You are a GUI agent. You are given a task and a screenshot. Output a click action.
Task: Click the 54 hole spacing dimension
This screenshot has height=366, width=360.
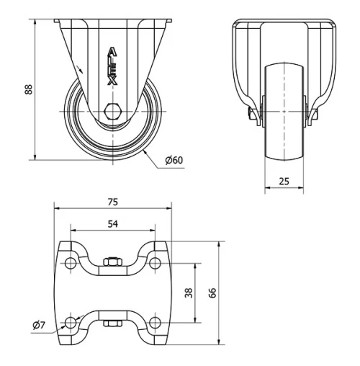click(x=113, y=224)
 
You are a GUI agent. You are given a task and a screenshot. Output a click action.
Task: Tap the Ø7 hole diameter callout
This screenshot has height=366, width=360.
click(x=39, y=326)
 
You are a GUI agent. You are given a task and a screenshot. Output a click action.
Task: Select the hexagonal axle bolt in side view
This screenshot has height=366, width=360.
click(x=112, y=111)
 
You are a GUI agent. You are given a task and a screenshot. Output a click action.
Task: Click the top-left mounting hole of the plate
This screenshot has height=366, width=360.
click(x=71, y=263)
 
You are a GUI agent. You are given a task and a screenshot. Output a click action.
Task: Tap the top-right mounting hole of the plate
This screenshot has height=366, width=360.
click(x=156, y=263)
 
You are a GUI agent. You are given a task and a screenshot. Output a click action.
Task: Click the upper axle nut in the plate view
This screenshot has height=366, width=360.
click(x=113, y=262)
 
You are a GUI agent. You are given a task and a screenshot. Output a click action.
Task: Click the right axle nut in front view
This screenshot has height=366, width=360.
click(x=315, y=115)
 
